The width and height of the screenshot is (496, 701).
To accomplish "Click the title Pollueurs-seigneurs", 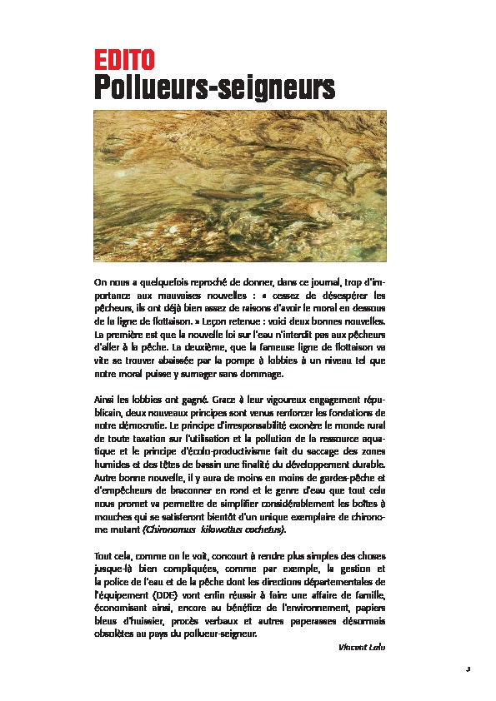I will tap(213, 87).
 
